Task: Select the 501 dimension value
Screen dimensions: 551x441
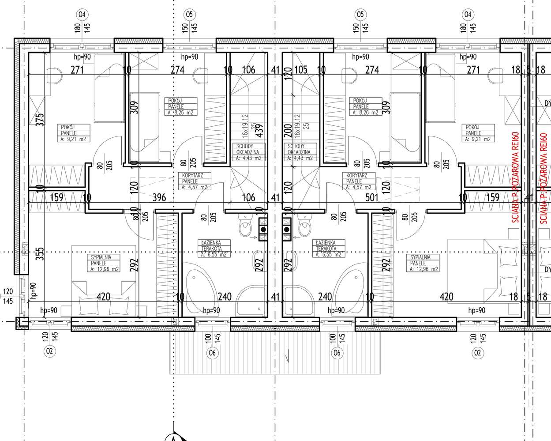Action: (x=372, y=197)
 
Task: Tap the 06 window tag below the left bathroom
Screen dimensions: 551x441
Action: (x=213, y=353)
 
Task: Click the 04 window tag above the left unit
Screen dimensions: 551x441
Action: (x=82, y=14)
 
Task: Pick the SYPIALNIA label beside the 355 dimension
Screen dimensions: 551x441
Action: (x=98, y=257)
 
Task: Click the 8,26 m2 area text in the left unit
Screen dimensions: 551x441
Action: (x=180, y=113)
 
